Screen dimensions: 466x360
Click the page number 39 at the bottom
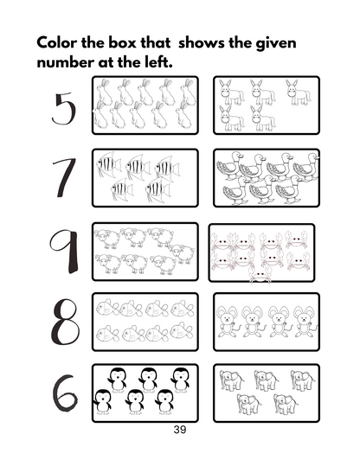point(179,430)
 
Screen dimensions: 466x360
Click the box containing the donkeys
point(266,105)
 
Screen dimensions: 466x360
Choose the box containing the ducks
point(266,177)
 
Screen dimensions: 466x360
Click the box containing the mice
point(266,322)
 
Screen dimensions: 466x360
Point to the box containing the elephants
point(266,393)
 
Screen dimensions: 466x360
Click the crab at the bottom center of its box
point(258,274)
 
